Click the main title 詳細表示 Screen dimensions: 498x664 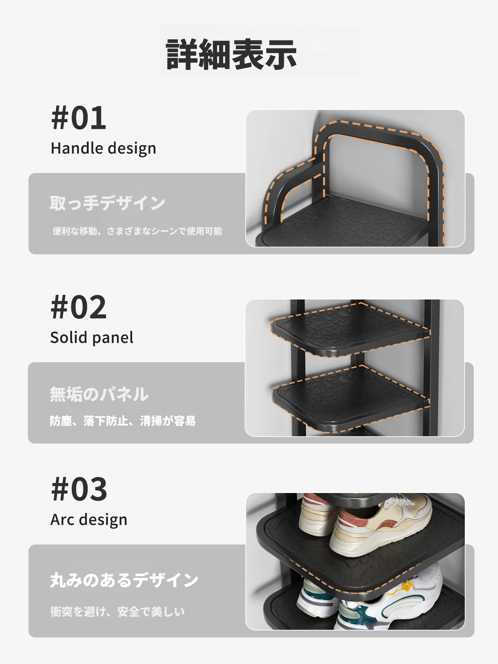(x=231, y=54)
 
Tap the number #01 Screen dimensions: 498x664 (x=79, y=118)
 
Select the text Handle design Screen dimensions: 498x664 (x=103, y=148)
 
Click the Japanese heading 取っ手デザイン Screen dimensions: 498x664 (x=107, y=203)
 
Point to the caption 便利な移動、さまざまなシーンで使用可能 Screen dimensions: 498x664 (x=137, y=231)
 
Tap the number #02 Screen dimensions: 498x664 (x=79, y=307)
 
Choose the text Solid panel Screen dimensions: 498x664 (x=92, y=338)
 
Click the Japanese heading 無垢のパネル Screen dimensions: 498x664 (x=99, y=394)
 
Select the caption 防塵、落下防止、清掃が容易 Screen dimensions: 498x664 (x=123, y=421)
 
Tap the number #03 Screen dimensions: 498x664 (x=79, y=489)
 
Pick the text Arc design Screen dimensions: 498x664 (x=89, y=520)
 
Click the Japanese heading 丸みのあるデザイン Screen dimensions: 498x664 (x=124, y=580)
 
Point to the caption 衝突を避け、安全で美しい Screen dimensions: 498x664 (x=117, y=611)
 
